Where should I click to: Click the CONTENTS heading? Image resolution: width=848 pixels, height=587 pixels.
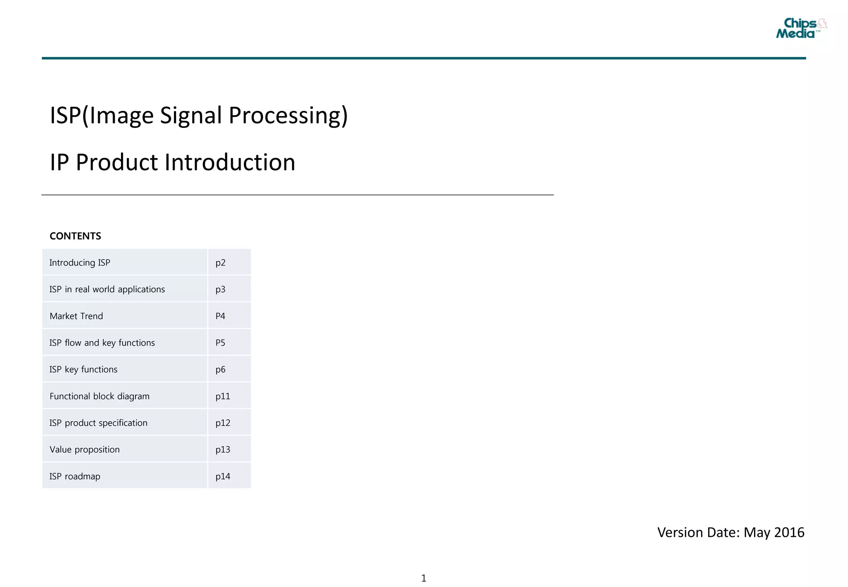[75, 236]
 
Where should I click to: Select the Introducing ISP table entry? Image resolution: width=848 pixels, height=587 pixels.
[80, 262]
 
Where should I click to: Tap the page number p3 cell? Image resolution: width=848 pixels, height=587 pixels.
[220, 289]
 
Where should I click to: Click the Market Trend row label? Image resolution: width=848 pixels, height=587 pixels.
[76, 316]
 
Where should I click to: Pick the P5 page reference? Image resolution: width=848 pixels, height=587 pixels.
[220, 343]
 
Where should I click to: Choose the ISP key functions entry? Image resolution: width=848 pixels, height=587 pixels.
[83, 369]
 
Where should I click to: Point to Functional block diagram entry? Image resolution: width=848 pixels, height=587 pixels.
[99, 396]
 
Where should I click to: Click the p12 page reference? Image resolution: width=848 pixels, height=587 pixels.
[223, 423]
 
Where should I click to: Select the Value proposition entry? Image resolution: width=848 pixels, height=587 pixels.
[84, 450]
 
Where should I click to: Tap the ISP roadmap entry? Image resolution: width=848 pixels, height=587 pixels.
[75, 476]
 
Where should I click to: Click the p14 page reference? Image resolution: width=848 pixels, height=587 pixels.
[223, 476]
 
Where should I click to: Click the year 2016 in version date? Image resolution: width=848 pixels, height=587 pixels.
[789, 532]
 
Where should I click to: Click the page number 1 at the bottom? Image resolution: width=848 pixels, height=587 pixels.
[424, 578]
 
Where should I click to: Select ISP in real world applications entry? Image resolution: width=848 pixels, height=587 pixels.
[107, 289]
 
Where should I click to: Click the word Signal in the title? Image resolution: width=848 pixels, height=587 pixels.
[190, 115]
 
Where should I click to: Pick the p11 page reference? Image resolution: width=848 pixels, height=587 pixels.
[223, 396]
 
